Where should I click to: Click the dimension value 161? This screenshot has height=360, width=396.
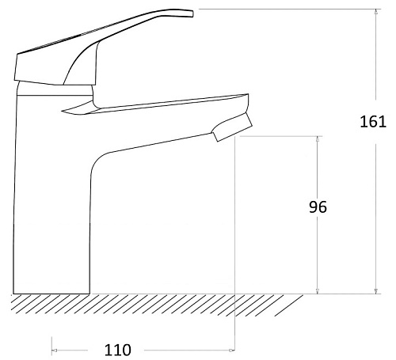pos(373,122)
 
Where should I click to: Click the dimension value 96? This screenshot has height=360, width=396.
pos(318,207)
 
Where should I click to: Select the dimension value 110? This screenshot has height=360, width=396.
pos(118,350)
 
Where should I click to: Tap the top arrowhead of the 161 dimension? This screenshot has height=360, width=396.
pos(376,12)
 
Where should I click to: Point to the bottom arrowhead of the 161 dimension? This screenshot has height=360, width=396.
pos(376,290)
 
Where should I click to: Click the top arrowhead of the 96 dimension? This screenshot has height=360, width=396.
pos(318,139)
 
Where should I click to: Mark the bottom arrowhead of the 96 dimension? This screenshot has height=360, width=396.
pos(318,290)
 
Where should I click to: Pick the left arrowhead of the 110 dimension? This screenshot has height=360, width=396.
pos(55,351)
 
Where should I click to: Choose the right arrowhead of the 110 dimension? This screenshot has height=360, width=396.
pos(231,351)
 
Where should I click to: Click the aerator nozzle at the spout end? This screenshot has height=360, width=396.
pos(232,127)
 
